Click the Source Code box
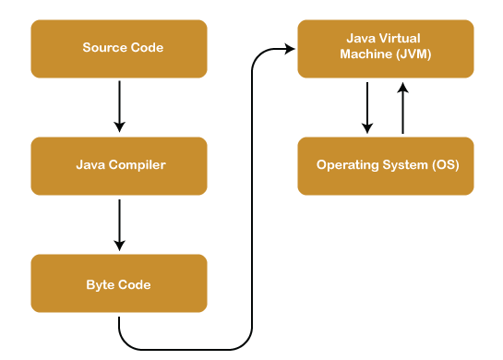coord(119,48)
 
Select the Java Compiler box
coord(119,165)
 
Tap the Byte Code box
coord(119,283)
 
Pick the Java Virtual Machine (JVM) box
coord(386,48)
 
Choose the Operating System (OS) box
coord(386,165)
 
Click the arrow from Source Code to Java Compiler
coord(119,106)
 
